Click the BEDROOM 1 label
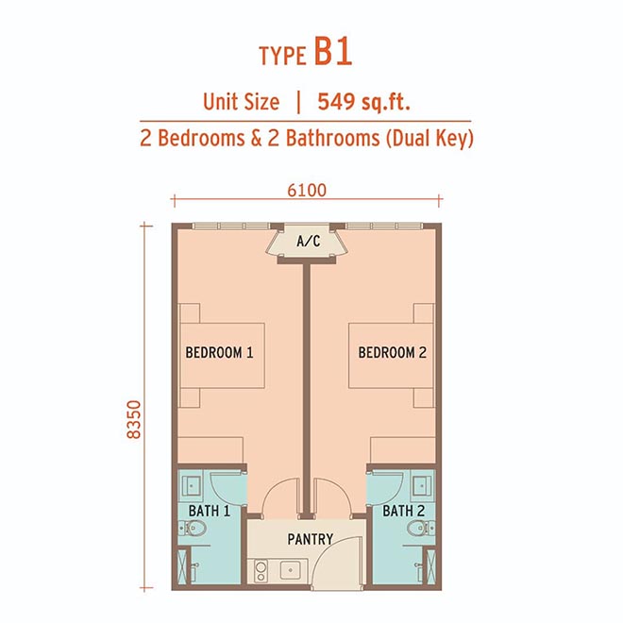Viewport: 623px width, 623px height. click(x=219, y=352)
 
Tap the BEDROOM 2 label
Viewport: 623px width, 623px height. click(x=392, y=352)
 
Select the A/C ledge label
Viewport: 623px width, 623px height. click(x=309, y=241)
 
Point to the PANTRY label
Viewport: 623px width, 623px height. click(x=311, y=539)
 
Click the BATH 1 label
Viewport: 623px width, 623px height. click(x=210, y=511)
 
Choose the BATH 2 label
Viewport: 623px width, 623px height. click(x=404, y=511)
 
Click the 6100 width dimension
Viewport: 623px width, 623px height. click(x=307, y=191)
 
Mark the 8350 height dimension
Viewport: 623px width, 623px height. click(x=134, y=419)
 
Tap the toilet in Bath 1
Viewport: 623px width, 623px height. click(x=192, y=528)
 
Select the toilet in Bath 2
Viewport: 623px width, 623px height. click(x=421, y=528)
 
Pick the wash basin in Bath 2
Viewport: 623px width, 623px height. click(x=422, y=485)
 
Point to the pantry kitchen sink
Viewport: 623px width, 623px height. click(x=291, y=570)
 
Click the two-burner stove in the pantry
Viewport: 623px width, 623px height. click(x=261, y=571)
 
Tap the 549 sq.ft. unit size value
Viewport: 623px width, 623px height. click(x=363, y=102)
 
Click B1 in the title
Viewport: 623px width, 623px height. click(x=333, y=51)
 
